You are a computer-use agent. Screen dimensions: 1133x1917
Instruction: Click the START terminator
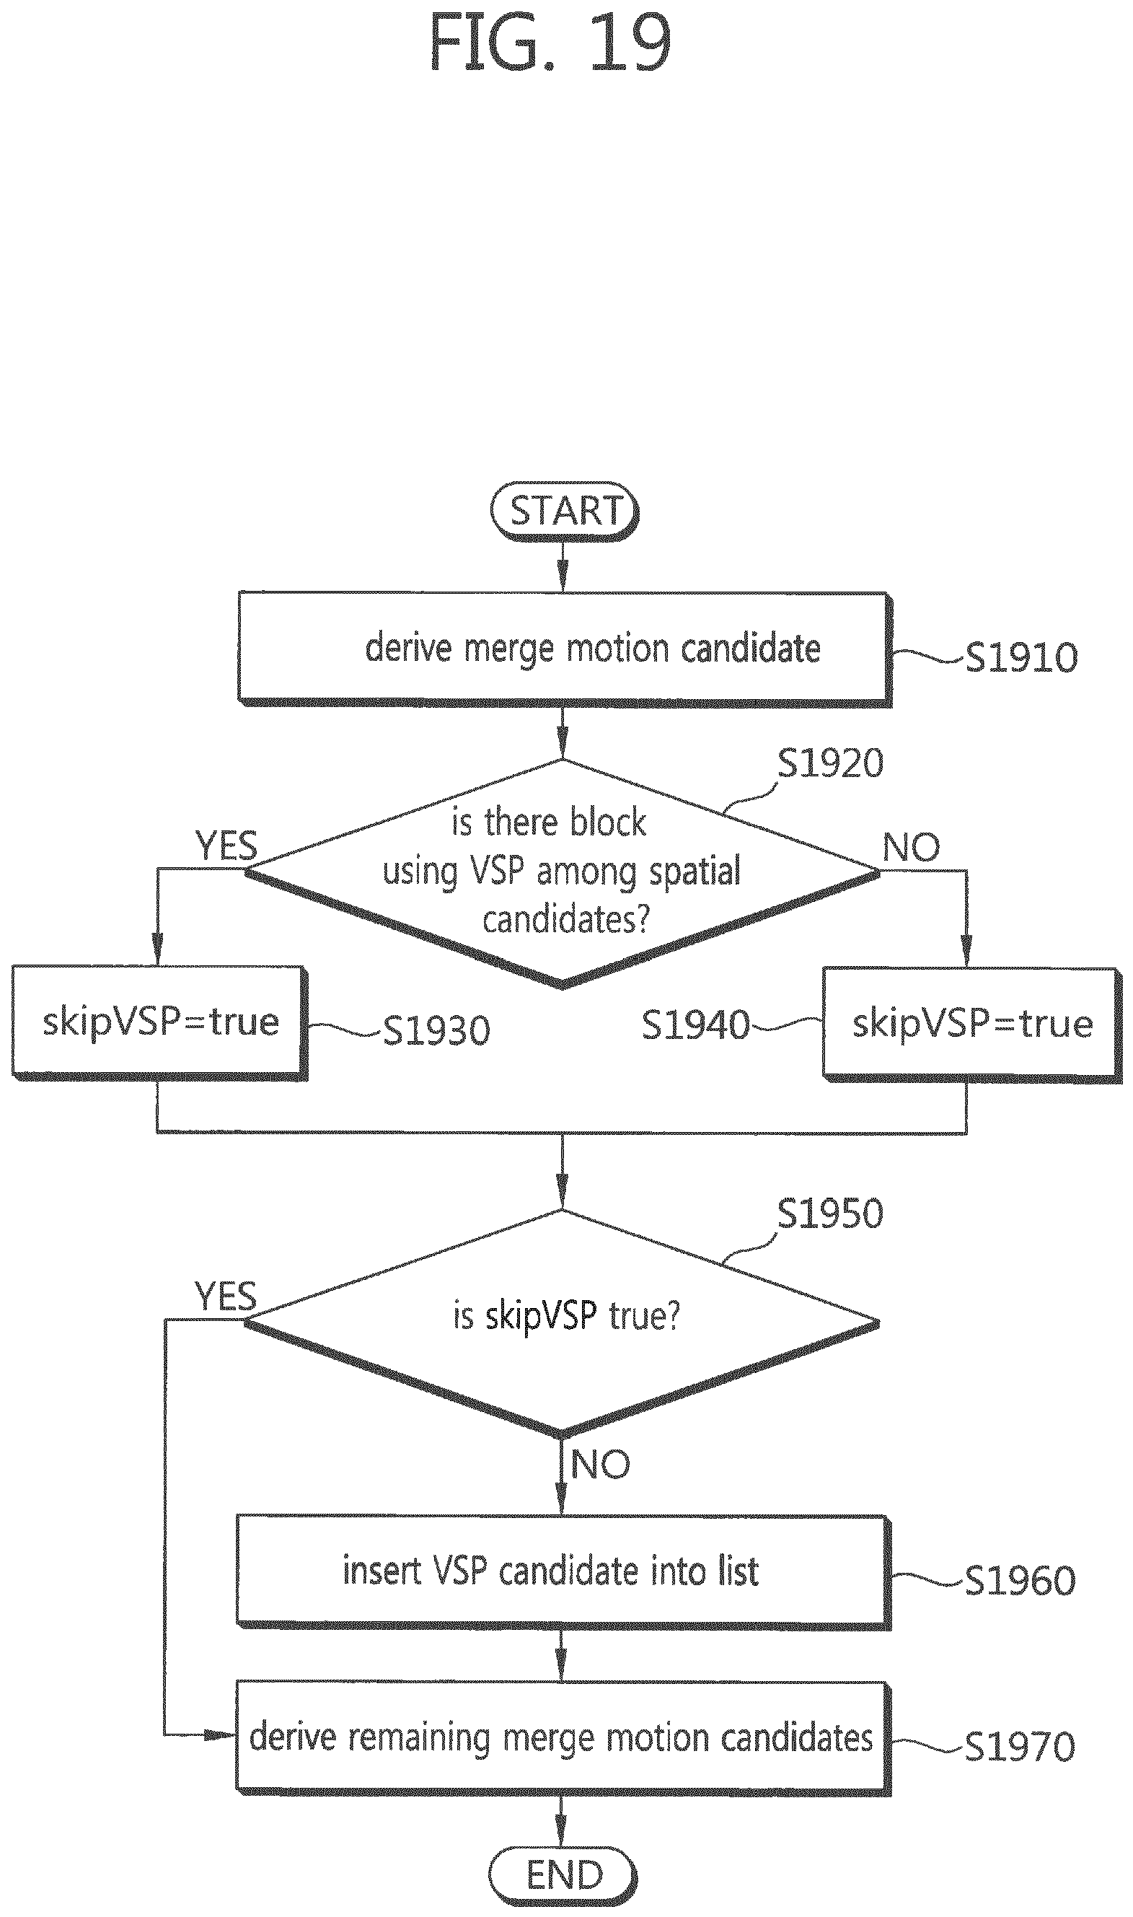pos(564,511)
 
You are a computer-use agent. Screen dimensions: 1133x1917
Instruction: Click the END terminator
pos(563,1875)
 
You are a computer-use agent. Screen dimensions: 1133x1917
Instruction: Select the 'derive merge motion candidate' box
pos(564,649)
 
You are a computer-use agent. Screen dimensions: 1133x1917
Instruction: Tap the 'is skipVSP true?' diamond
pos(562,1321)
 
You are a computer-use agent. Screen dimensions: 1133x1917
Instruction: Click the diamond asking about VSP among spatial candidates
pos(563,872)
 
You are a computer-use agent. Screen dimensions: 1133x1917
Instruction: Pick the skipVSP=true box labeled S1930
pos(159,1023)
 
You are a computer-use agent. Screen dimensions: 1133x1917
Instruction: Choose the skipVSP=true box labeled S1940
pos(971,1025)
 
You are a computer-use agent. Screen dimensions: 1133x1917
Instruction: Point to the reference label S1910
pos(1021,657)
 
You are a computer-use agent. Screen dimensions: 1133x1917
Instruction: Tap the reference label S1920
pos(830,763)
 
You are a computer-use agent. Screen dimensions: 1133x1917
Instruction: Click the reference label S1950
pos(830,1214)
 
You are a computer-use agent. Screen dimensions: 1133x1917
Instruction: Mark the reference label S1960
pos(1020,1580)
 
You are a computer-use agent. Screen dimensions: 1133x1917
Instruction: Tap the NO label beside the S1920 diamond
pos(911,847)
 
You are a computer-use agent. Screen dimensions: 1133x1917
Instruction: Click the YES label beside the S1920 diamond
pos(226,846)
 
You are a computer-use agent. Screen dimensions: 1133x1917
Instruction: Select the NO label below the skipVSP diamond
pos(601,1464)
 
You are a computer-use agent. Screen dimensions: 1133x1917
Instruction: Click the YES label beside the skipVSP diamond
pos(226,1296)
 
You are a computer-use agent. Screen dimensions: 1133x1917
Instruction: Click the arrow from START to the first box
pos(563,566)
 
